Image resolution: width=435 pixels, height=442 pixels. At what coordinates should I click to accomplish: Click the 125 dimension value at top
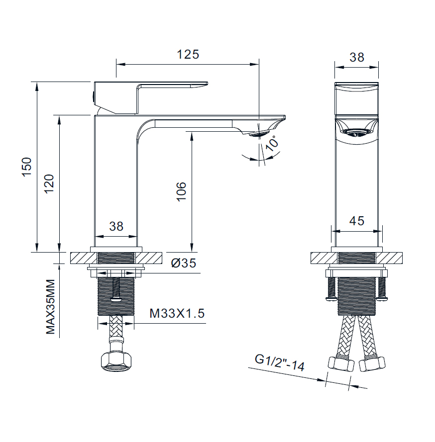(188, 54)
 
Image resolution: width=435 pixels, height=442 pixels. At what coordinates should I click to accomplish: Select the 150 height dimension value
(27, 167)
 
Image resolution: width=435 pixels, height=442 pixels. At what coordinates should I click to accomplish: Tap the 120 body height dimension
(49, 183)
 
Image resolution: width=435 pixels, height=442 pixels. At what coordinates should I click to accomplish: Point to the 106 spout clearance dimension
(181, 192)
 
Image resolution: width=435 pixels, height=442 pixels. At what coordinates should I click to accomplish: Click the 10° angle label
(272, 144)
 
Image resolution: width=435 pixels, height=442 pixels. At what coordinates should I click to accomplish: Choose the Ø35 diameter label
(184, 263)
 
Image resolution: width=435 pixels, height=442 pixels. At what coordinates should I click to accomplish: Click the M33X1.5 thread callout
(177, 313)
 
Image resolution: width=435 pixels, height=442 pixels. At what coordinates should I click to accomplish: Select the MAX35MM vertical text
(50, 307)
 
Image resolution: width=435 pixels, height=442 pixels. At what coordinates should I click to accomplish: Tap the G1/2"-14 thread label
(280, 362)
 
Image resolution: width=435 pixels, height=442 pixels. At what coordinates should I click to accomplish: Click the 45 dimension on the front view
(357, 221)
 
